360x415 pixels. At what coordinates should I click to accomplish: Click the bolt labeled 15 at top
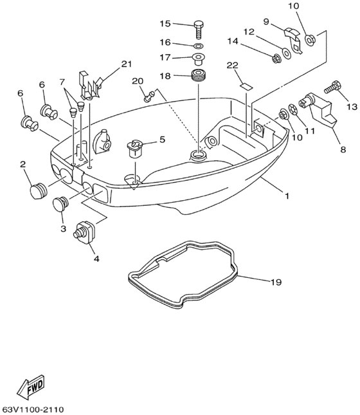[198, 30]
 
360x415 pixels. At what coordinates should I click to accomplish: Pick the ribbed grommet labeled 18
[199, 75]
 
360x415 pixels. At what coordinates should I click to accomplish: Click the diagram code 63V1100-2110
[32, 410]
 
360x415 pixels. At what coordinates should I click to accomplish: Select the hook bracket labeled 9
[293, 41]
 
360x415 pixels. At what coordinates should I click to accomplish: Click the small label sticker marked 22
[246, 87]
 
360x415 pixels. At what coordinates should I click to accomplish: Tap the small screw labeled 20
[149, 96]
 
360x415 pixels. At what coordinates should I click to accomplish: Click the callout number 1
[287, 196]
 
